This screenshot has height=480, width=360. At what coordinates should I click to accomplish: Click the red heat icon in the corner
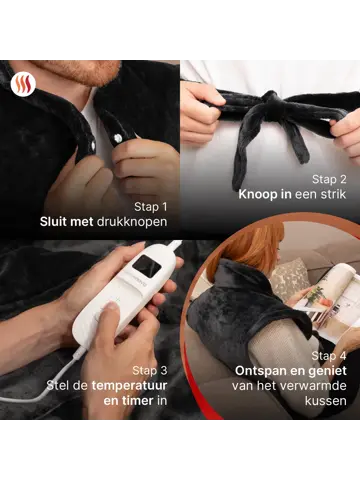21,85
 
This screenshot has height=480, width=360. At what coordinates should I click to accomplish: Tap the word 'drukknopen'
133,223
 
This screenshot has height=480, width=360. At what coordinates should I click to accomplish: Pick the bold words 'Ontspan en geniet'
278,372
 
